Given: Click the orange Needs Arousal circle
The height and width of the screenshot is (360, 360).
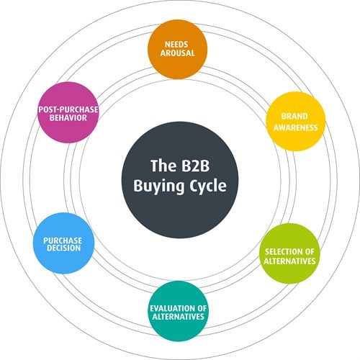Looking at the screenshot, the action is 177,49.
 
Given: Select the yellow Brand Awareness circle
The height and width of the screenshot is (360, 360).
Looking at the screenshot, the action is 296,122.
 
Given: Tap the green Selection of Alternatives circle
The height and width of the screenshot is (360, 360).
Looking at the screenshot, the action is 289,253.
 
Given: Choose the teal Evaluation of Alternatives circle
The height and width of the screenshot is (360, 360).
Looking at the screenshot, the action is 178,311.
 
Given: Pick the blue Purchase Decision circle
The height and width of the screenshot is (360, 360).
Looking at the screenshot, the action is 63,243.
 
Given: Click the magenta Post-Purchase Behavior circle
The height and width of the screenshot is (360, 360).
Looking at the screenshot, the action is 68,112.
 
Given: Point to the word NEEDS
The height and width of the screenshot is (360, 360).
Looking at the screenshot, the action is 176,45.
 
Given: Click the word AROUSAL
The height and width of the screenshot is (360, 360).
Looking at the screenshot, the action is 177,53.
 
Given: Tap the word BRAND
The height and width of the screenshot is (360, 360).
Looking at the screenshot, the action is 294,116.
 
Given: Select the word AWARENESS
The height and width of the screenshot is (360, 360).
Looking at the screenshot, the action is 296,127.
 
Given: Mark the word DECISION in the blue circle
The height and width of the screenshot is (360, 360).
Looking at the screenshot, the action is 63,248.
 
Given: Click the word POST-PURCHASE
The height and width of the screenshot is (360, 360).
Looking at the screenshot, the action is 68,109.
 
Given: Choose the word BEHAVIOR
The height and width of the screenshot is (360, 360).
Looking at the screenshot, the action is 68,118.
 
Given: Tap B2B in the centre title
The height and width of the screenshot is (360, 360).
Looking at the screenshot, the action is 194,166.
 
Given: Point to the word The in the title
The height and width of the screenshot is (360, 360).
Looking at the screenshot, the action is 163,166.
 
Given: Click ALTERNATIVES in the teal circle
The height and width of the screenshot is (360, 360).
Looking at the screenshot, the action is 178,317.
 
